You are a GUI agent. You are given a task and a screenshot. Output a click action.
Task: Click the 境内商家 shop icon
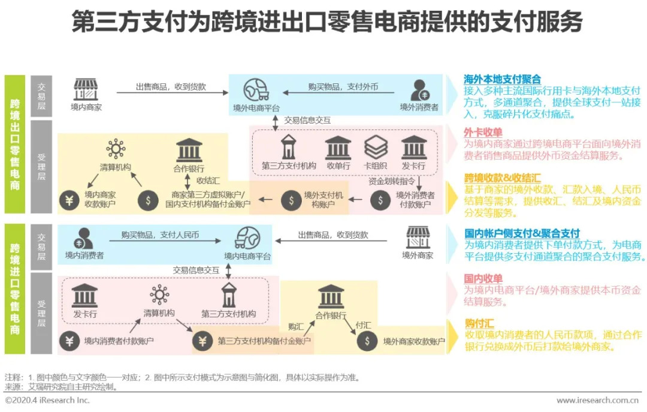point(86,89)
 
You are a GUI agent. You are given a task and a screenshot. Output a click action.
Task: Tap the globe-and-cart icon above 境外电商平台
point(256,89)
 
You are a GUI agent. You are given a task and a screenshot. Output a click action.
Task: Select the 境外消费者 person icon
point(419,90)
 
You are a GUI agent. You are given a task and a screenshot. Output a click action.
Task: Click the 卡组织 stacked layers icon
point(376,147)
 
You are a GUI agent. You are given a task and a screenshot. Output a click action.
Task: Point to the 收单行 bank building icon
point(338,148)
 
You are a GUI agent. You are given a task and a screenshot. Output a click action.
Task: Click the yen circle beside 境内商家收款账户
point(69,200)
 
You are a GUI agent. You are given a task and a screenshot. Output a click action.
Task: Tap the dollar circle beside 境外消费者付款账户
point(380,200)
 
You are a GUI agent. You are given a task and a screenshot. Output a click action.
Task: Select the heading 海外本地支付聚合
point(502,79)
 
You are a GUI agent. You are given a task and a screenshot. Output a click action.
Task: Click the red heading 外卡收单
point(483,133)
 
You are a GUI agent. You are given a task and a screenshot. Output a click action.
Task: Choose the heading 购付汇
point(479,323)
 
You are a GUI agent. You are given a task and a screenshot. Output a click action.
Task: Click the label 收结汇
point(208,181)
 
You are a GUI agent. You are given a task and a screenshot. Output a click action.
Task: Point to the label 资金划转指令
point(392,181)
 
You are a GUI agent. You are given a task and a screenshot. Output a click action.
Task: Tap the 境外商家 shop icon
point(418,237)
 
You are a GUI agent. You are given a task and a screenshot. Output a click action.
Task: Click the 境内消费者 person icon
point(83,239)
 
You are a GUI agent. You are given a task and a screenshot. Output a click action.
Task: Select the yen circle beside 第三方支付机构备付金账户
point(202,341)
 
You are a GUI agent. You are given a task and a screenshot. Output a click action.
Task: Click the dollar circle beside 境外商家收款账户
point(367,341)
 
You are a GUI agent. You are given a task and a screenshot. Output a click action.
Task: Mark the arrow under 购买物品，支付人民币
point(165,240)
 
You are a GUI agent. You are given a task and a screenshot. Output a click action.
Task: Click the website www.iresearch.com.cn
point(597,400)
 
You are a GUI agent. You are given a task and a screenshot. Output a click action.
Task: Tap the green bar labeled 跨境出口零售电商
point(15,144)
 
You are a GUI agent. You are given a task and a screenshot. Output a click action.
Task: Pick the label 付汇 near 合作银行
point(363,325)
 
